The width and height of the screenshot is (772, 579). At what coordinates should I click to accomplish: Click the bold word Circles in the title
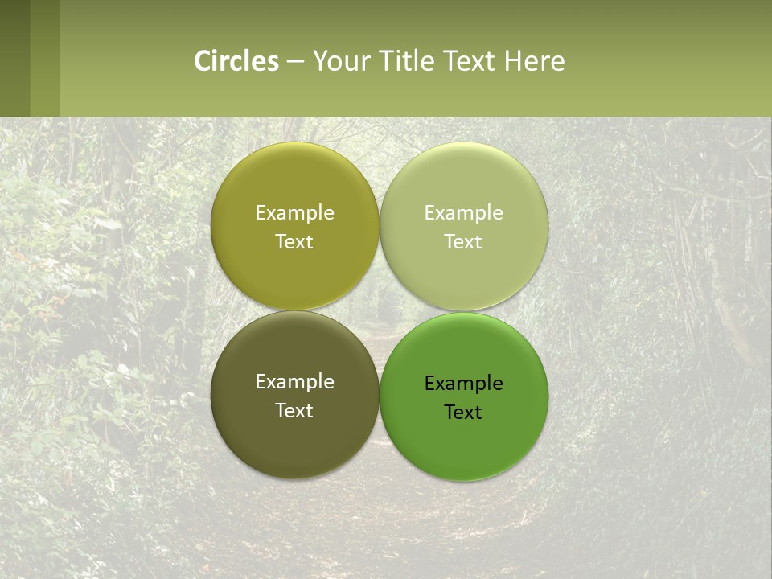pyautogui.click(x=236, y=61)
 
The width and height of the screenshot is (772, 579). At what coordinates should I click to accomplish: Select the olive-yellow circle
pyautogui.click(x=294, y=185)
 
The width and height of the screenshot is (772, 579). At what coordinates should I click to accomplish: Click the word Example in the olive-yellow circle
pyautogui.click(x=294, y=213)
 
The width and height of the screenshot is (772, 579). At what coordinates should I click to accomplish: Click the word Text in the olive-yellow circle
pyautogui.click(x=294, y=242)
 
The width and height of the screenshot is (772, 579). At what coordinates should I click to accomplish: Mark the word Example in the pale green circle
pyautogui.click(x=463, y=213)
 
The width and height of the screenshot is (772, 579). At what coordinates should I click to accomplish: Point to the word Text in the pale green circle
pyautogui.click(x=463, y=242)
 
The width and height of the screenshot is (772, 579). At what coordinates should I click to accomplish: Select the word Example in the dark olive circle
pyautogui.click(x=294, y=382)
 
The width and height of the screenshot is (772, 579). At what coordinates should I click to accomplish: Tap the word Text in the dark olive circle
pyautogui.click(x=294, y=411)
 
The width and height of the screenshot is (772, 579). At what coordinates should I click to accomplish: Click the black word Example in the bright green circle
pyautogui.click(x=463, y=384)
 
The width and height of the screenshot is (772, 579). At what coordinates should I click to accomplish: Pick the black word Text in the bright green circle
pyautogui.click(x=463, y=413)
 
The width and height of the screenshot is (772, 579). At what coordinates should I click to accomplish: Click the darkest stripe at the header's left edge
pyautogui.click(x=14, y=58)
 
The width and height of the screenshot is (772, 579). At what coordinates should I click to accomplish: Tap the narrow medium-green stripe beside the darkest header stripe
pyautogui.click(x=45, y=58)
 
